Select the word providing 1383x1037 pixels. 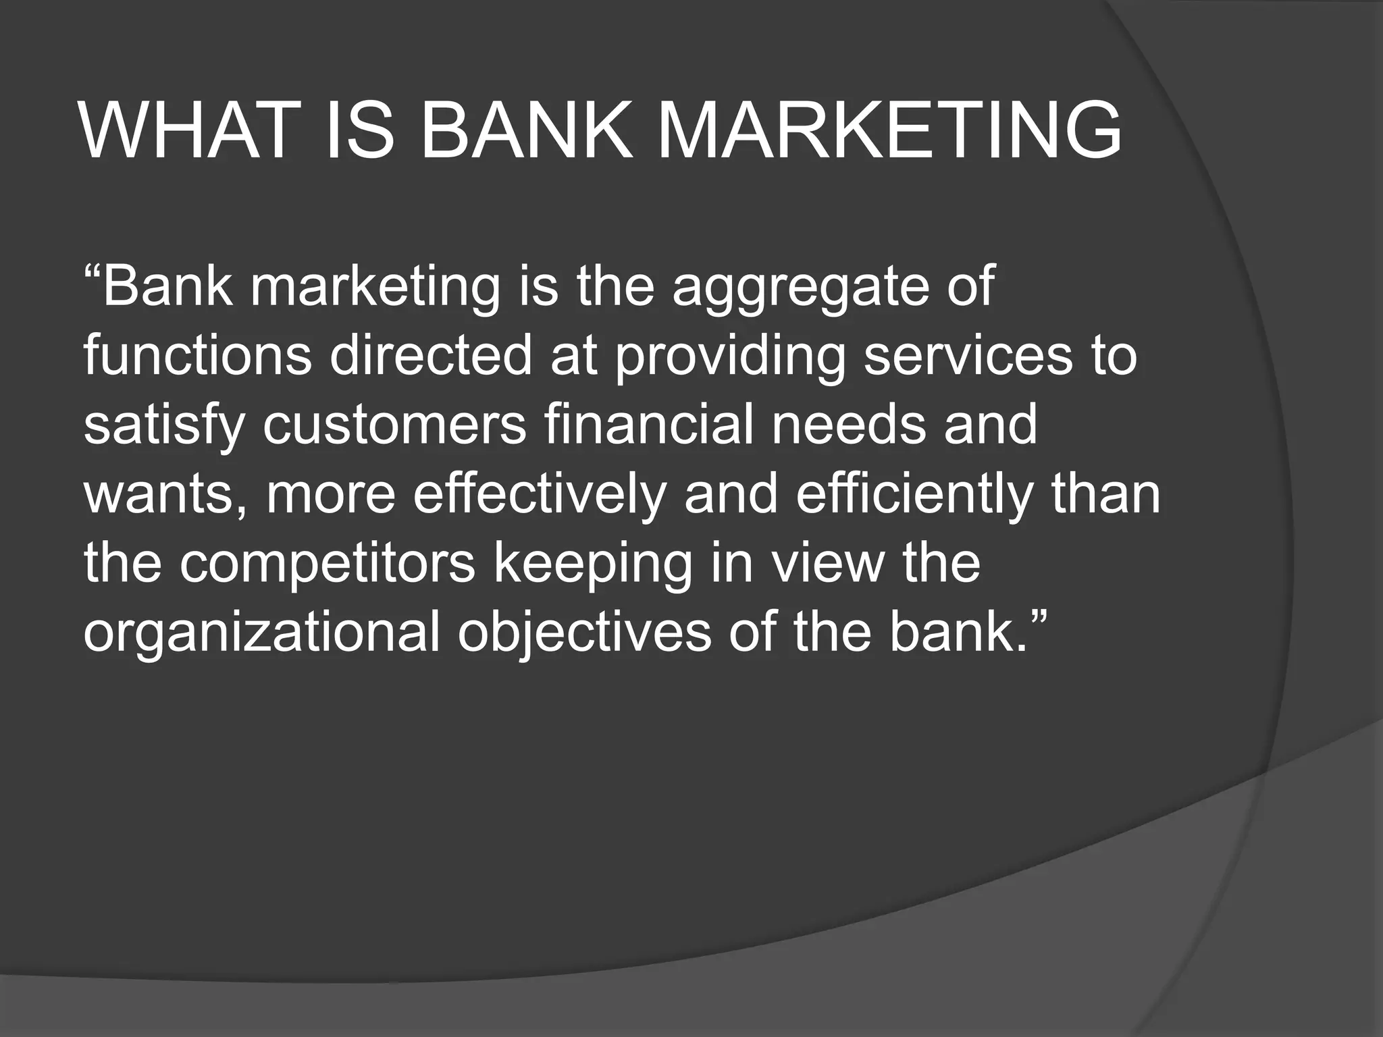click(x=729, y=358)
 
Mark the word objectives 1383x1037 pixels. click(x=584, y=635)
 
